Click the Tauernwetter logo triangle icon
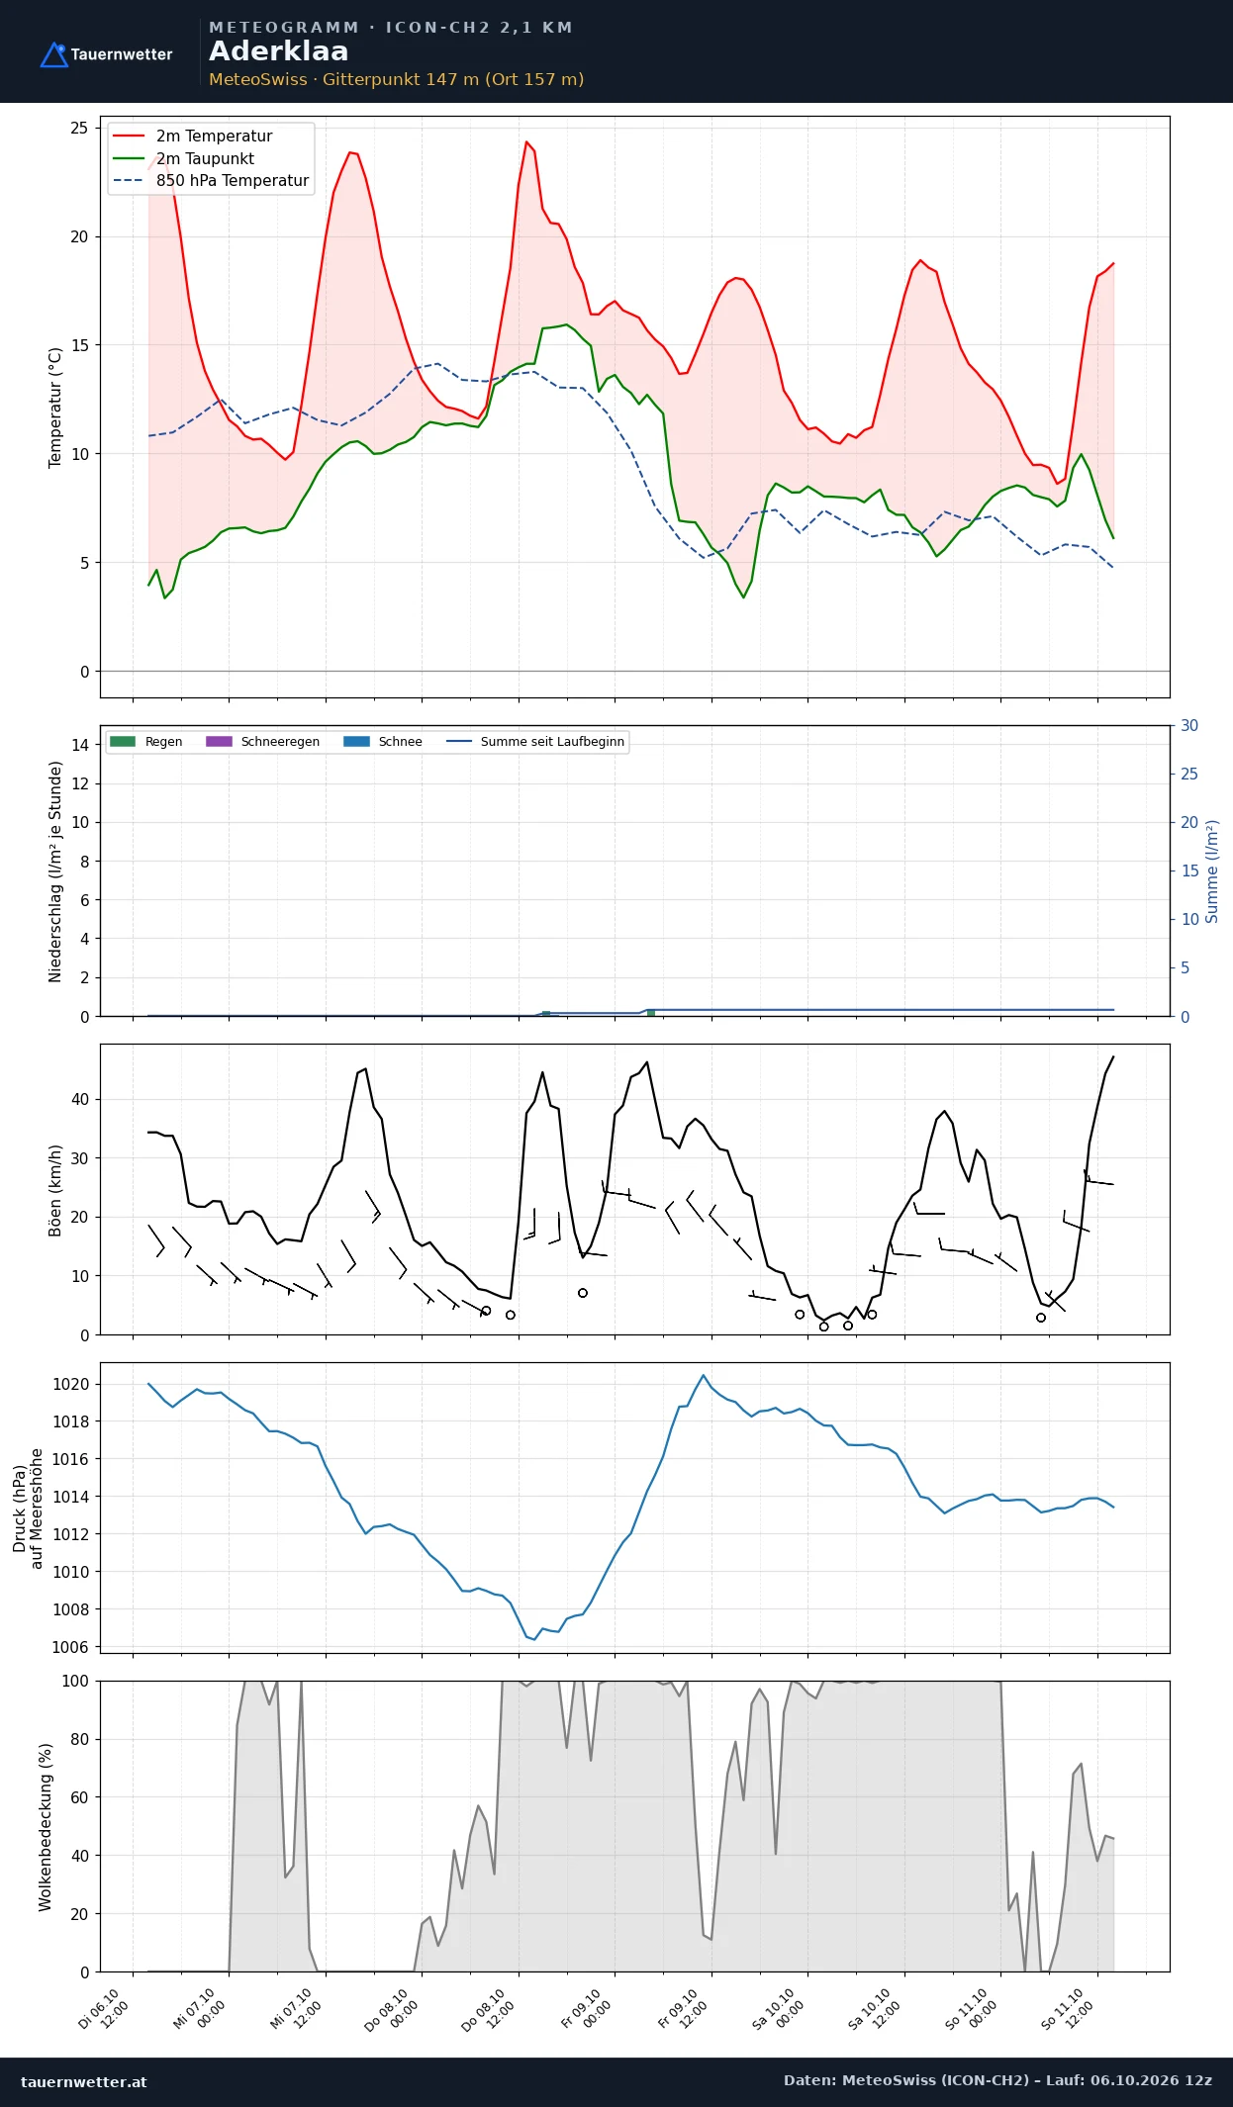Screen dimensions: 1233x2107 pyautogui.click(x=53, y=55)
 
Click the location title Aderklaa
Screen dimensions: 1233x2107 pyautogui.click(x=278, y=51)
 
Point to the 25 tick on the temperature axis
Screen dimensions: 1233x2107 pyautogui.click(x=79, y=128)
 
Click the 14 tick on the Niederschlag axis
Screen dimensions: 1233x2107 pyautogui.click(x=80, y=745)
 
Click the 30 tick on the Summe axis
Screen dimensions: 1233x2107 pyautogui.click(x=1189, y=725)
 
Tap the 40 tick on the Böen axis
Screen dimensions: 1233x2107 pyautogui.click(x=80, y=1099)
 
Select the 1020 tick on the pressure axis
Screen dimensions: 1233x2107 pyautogui.click(x=70, y=1384)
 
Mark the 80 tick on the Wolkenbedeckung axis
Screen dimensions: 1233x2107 pyautogui.click(x=80, y=1739)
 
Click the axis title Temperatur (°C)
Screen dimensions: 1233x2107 pyautogui.click(x=55, y=408)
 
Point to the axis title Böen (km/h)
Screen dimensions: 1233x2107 pyautogui.click(x=55, y=1190)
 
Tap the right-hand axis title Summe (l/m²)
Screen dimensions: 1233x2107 pyautogui.click(x=1212, y=871)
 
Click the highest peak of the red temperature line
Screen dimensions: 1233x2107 pyautogui.click(x=526, y=141)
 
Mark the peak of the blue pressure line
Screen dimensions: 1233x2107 pyautogui.click(x=704, y=1375)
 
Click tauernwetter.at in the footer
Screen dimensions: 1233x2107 pyautogui.click(x=84, y=2081)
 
